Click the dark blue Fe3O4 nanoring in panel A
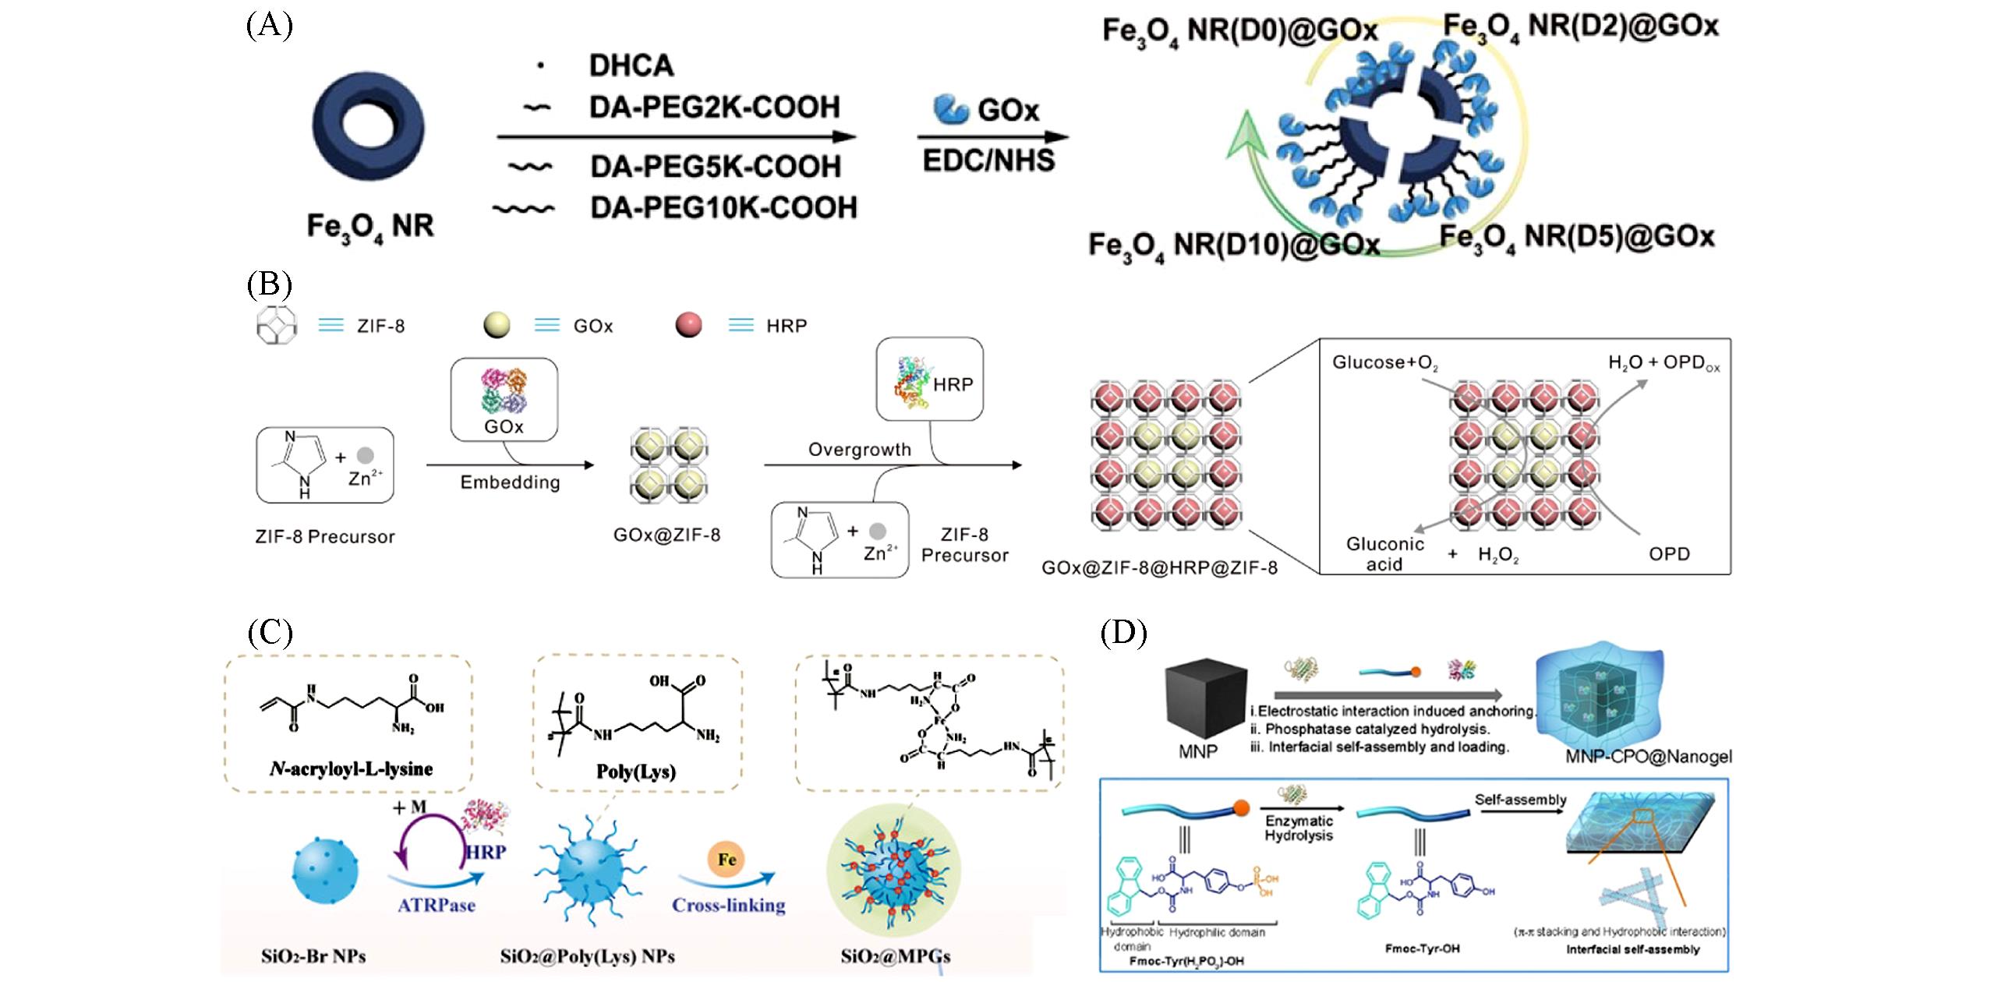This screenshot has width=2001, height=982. (x=369, y=126)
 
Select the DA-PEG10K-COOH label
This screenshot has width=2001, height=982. (x=723, y=208)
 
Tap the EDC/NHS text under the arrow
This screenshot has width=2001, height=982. (x=988, y=161)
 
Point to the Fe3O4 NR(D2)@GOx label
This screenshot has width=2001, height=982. (x=1581, y=27)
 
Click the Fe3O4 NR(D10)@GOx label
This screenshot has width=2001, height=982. (x=1234, y=245)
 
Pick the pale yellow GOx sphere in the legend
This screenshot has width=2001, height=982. (x=497, y=325)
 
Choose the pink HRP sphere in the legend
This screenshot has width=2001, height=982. (x=688, y=325)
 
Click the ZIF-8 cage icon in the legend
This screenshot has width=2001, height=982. (x=276, y=325)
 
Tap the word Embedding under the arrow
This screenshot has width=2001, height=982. (x=510, y=482)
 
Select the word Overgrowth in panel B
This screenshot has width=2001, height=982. (x=859, y=450)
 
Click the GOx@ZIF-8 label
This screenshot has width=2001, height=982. (x=666, y=535)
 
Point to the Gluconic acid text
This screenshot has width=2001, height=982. (x=1384, y=554)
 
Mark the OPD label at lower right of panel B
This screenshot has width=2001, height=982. (x=1669, y=554)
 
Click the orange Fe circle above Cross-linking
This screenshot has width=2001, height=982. (x=727, y=860)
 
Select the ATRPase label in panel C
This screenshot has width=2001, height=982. (x=437, y=906)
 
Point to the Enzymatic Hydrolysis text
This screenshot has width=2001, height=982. (x=1298, y=828)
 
